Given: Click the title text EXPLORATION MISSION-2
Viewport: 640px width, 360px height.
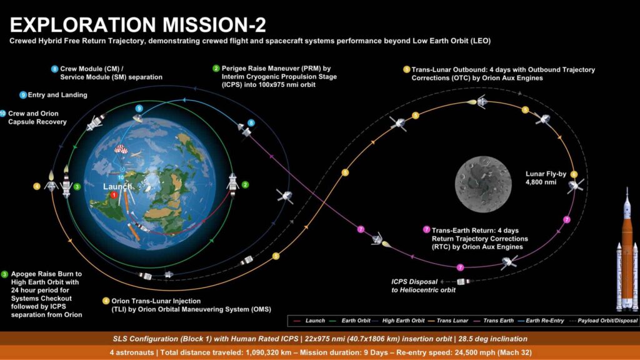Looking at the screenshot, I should click(x=137, y=24).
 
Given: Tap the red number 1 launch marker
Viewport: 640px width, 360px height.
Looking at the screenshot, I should click(x=114, y=195).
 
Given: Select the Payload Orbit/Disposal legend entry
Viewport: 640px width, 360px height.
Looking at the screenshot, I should click(x=608, y=320).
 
